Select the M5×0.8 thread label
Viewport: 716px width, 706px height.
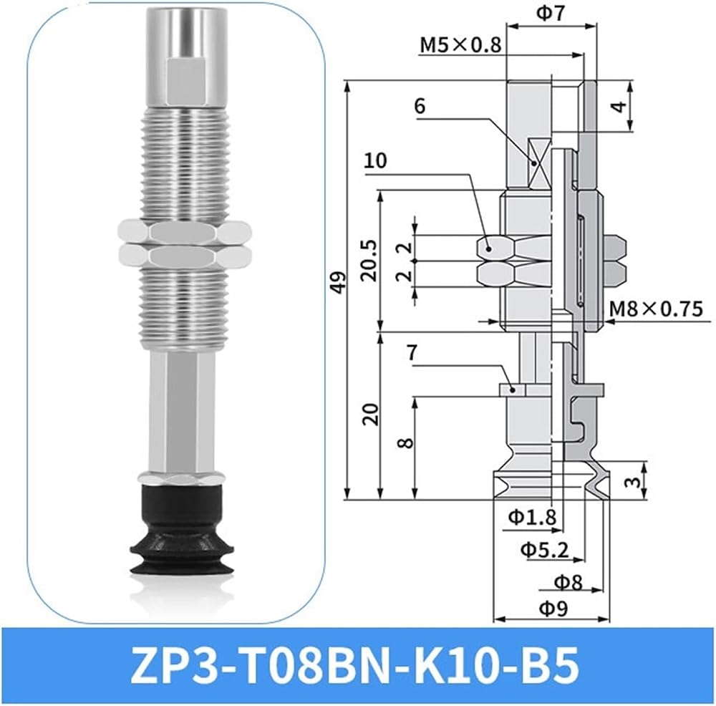(460, 45)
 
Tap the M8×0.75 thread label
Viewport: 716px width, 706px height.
(656, 309)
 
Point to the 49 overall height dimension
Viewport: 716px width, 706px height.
(339, 283)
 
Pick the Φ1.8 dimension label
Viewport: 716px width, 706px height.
(533, 518)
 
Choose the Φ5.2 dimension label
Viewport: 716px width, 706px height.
(545, 550)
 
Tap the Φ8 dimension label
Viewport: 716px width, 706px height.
(569, 582)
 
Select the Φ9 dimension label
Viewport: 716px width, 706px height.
(553, 609)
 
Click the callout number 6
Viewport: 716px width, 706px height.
(420, 106)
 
